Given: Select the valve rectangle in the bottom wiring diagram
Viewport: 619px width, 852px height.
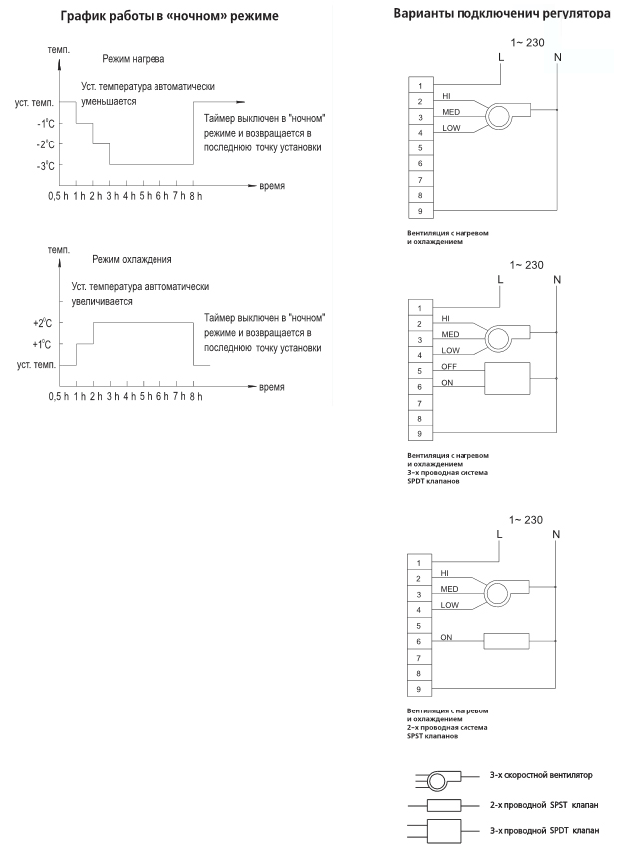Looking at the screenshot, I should tap(508, 641).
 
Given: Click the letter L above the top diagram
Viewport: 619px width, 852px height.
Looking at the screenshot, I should tap(499, 55).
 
